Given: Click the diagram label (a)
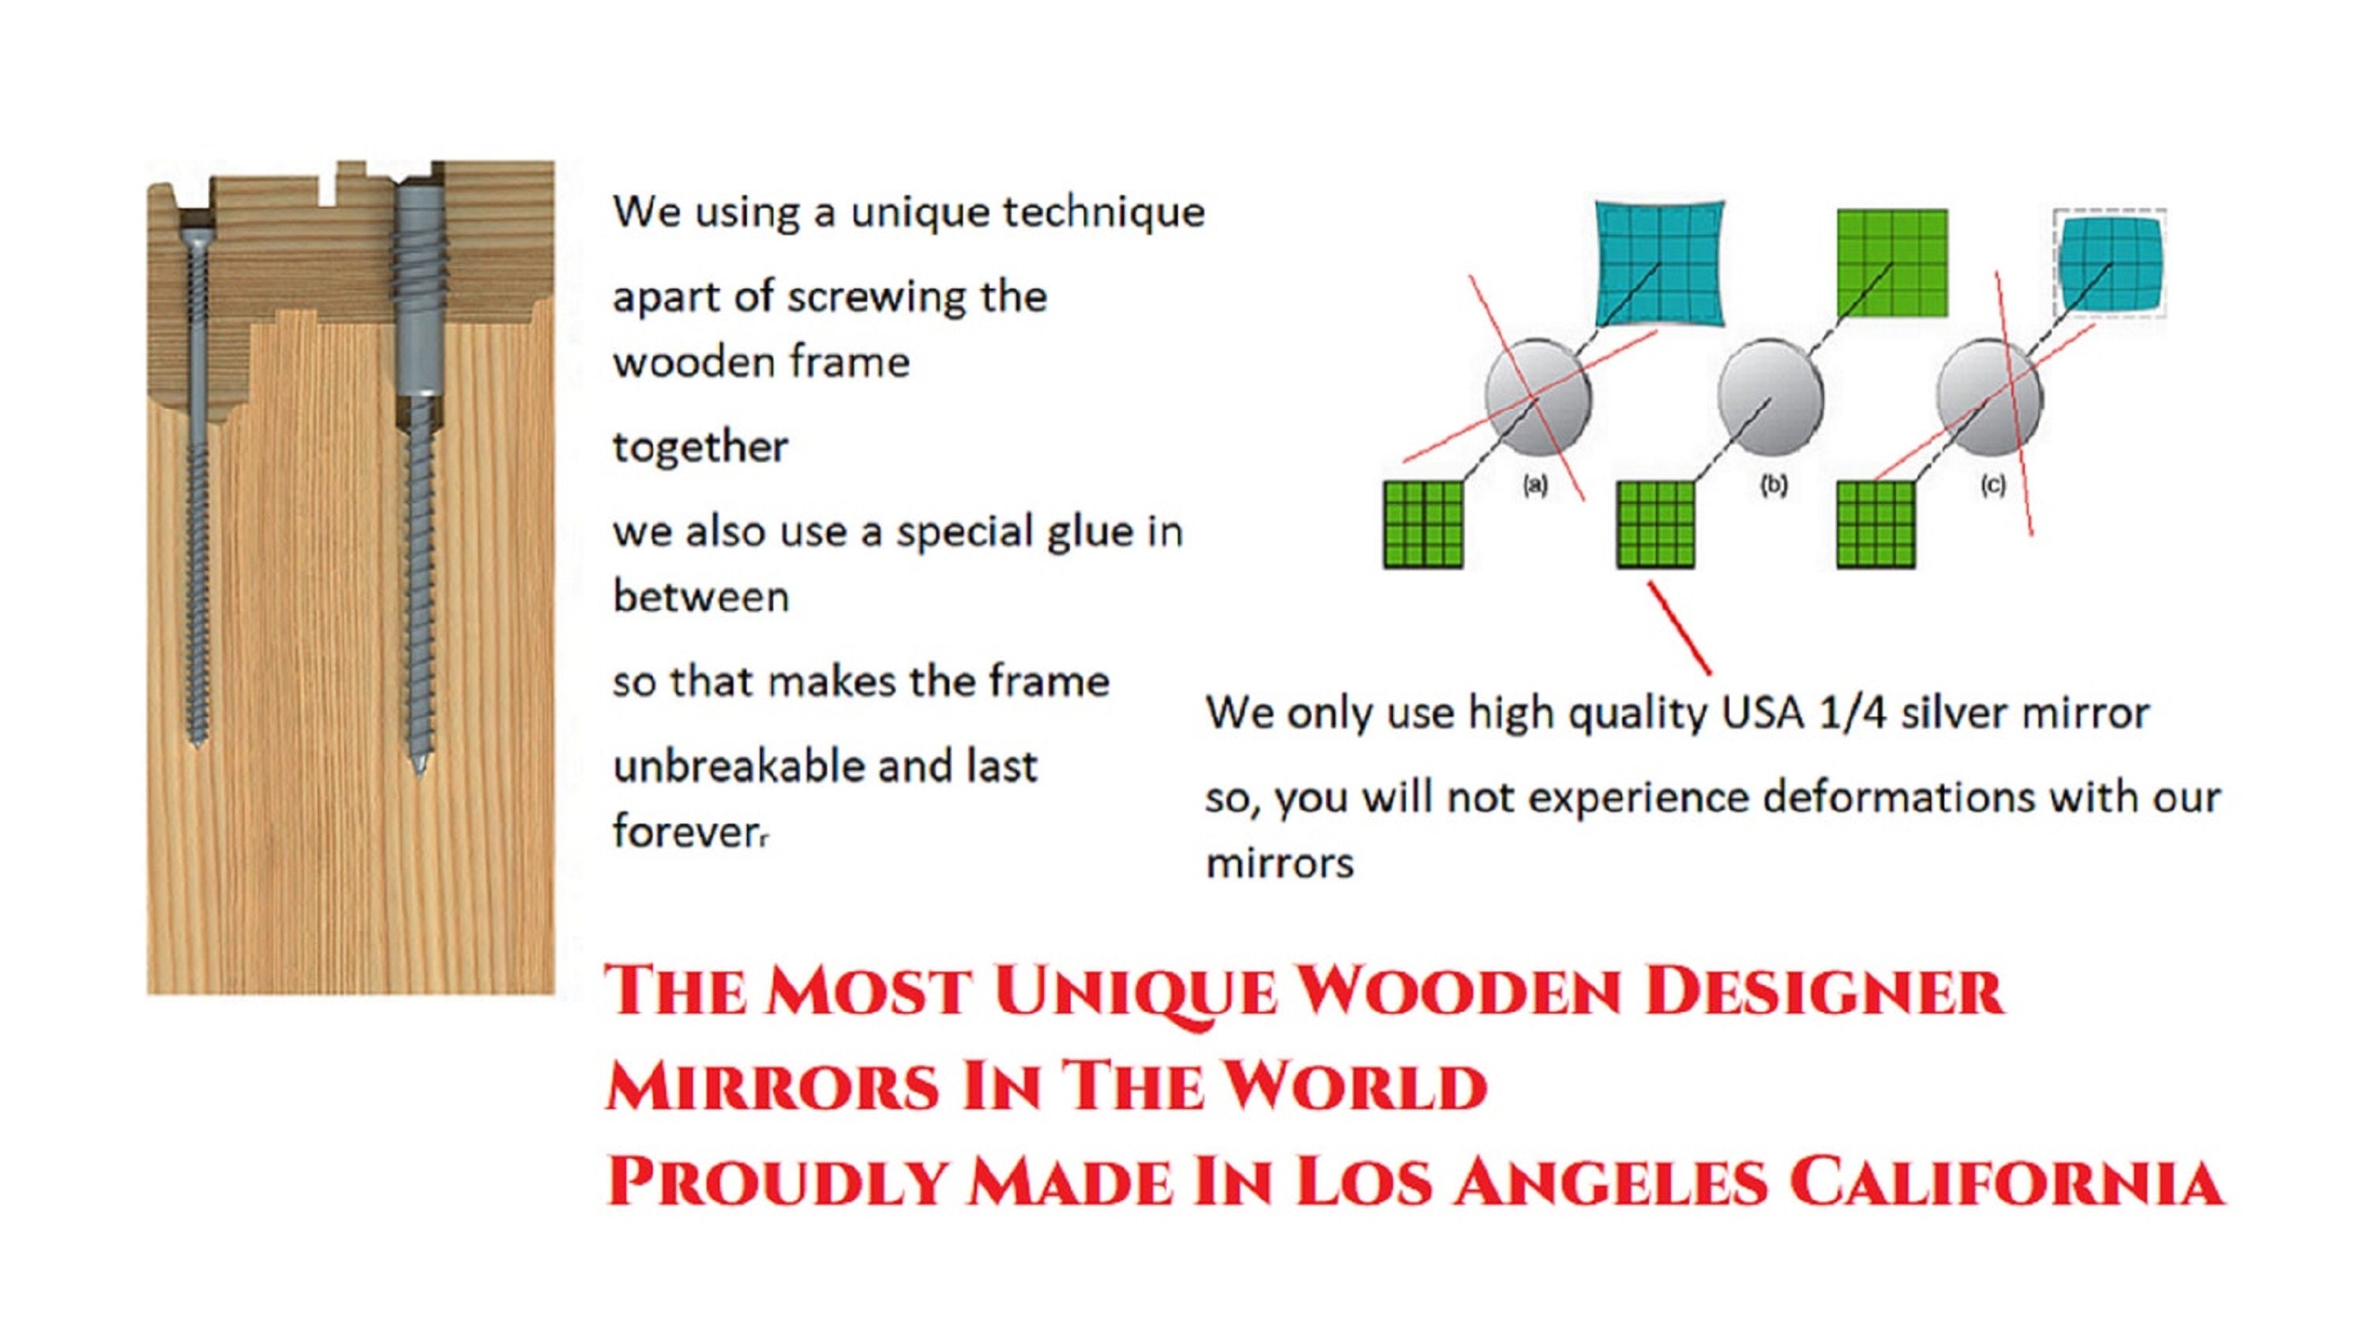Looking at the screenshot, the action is click(1535, 485).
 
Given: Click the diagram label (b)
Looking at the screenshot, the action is click(1773, 485).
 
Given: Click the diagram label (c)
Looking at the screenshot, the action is click(1993, 485).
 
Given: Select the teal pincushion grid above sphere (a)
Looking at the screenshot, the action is click(1660, 263).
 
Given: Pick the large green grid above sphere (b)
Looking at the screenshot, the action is click(1893, 263).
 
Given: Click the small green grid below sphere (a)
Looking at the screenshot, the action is click(1423, 524).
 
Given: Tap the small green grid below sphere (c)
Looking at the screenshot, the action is click(1876, 524).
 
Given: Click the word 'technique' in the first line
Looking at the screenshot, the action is click(1104, 212).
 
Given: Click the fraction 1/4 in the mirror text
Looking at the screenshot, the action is click(1850, 714).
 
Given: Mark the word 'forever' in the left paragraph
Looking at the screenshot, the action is click(686, 832).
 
